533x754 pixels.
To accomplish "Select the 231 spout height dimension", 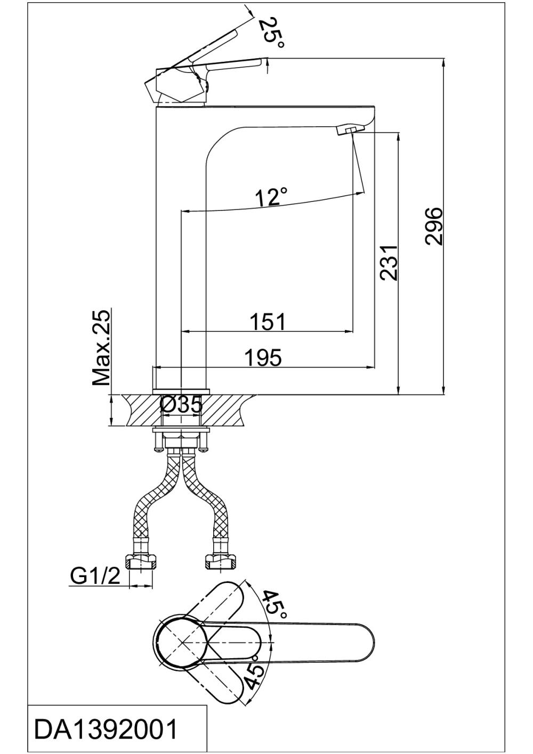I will click(389, 263).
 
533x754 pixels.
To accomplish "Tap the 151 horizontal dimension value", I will click(268, 321).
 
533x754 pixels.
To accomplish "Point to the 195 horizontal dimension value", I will click(263, 358).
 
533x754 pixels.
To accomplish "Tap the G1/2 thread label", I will click(95, 576).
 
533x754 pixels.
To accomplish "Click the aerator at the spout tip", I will click(349, 129).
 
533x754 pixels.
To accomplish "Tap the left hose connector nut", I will click(142, 561).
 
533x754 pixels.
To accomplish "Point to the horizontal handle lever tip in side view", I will click(262, 63).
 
